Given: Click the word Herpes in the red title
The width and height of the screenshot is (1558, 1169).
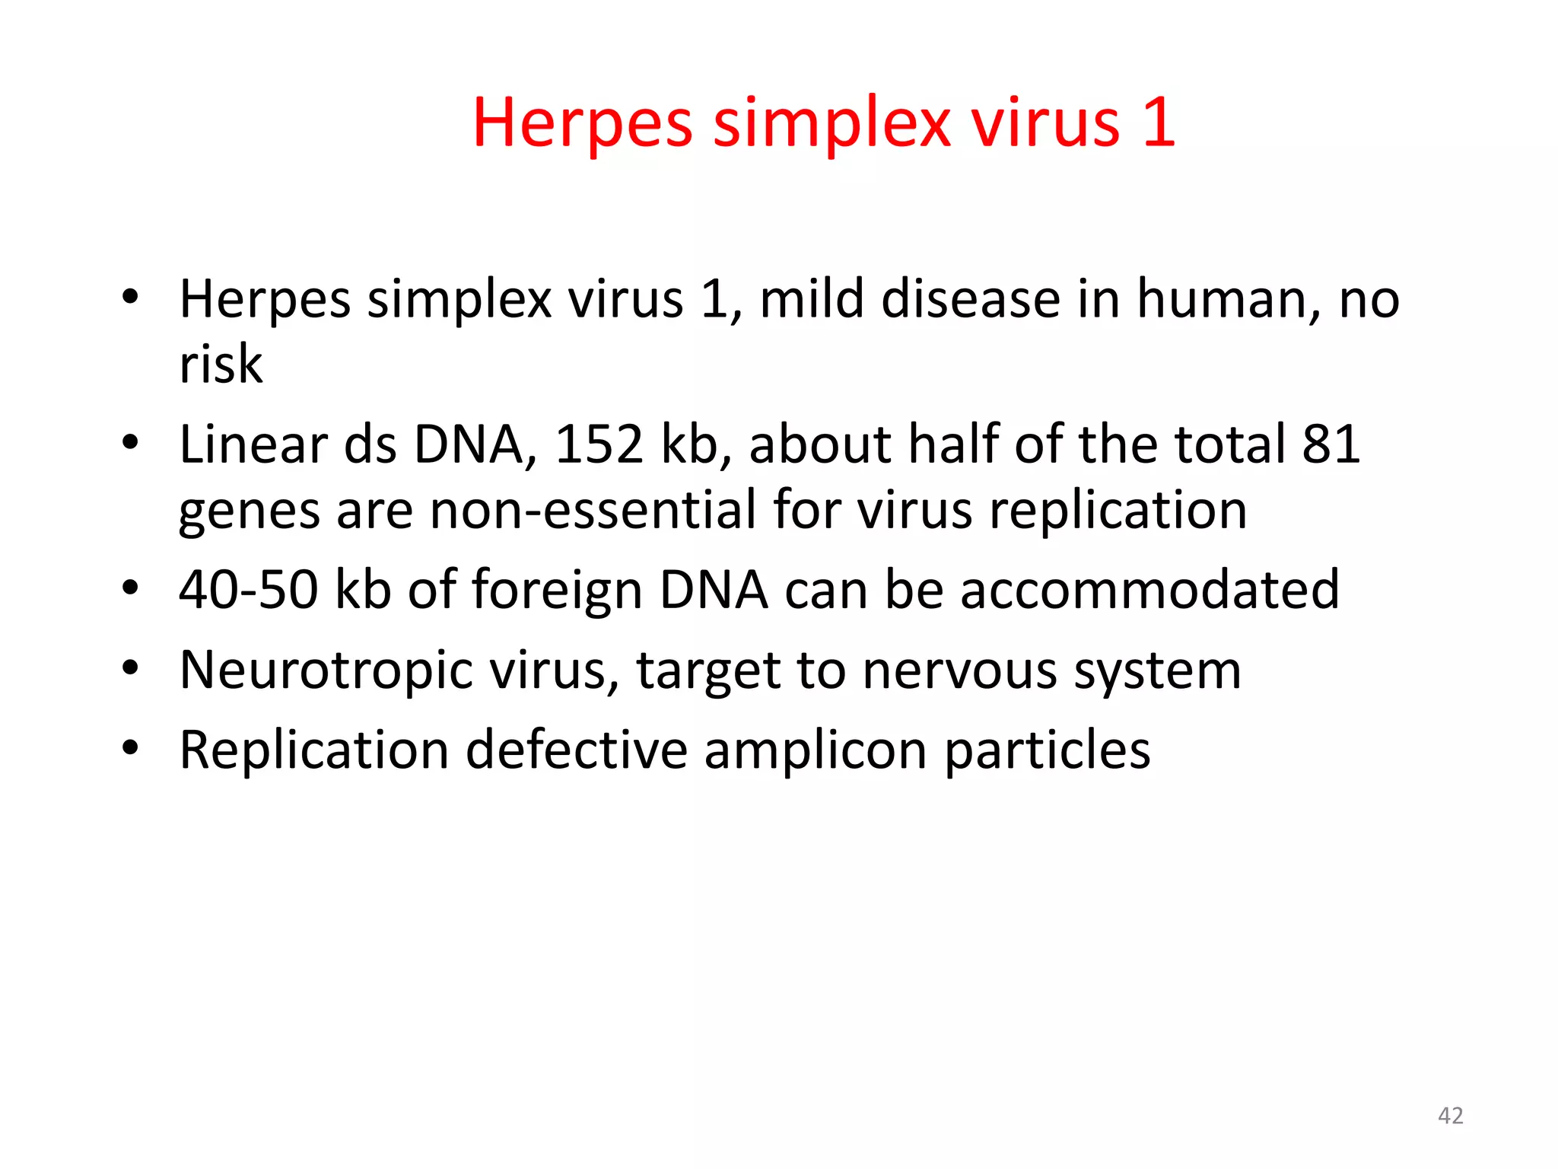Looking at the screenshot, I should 582,123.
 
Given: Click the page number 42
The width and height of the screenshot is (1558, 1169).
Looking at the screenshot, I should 1450,1116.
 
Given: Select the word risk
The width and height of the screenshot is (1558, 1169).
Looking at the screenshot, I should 221,364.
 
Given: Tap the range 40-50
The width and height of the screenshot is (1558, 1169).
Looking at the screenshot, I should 248,590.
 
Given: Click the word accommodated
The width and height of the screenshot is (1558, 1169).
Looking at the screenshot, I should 1149,590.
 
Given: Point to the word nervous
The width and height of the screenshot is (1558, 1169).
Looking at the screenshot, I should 959,671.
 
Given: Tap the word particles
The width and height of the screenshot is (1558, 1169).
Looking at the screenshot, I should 1048,751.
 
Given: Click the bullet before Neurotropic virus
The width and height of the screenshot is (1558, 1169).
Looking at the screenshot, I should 131,668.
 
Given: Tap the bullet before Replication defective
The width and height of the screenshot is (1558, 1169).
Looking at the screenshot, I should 131,748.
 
